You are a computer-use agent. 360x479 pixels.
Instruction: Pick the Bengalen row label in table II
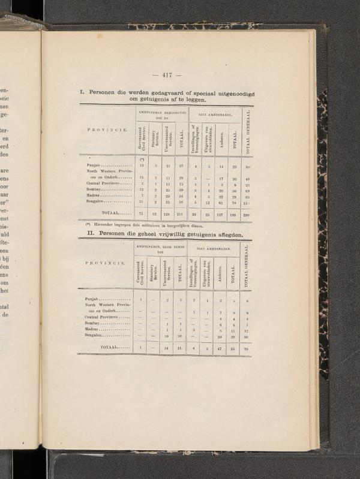click(x=93, y=336)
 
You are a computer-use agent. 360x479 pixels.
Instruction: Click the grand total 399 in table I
click(x=246, y=214)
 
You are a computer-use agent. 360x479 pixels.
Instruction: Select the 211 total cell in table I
click(x=180, y=214)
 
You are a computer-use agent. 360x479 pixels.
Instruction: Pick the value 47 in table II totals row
click(x=221, y=348)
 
